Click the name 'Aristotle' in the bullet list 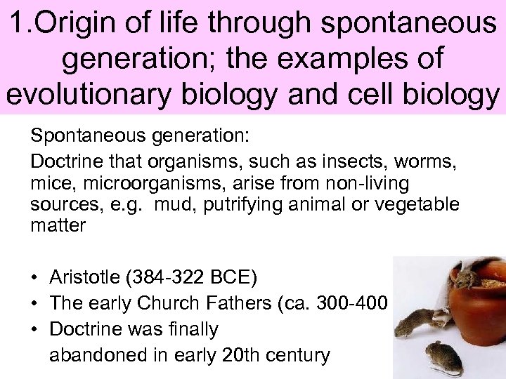pos(82,277)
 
